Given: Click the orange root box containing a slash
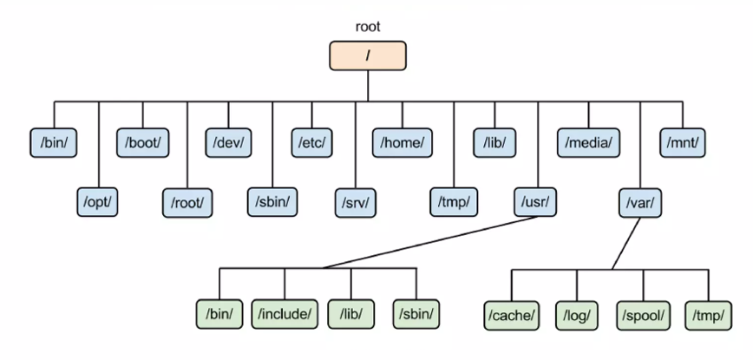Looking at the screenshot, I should tap(367, 56).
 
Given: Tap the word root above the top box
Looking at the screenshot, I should tap(367, 27).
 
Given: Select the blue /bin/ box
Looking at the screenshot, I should tap(54, 141).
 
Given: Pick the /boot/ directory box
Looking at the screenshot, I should tap(142, 141).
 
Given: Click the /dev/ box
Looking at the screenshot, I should tap(228, 141).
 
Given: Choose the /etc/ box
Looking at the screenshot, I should tap(312, 141).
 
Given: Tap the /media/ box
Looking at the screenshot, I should tap(588, 141).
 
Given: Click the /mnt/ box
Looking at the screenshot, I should tap(684, 141).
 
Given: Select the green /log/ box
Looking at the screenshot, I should tap(577, 312).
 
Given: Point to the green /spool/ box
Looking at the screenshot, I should tap(643, 312).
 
